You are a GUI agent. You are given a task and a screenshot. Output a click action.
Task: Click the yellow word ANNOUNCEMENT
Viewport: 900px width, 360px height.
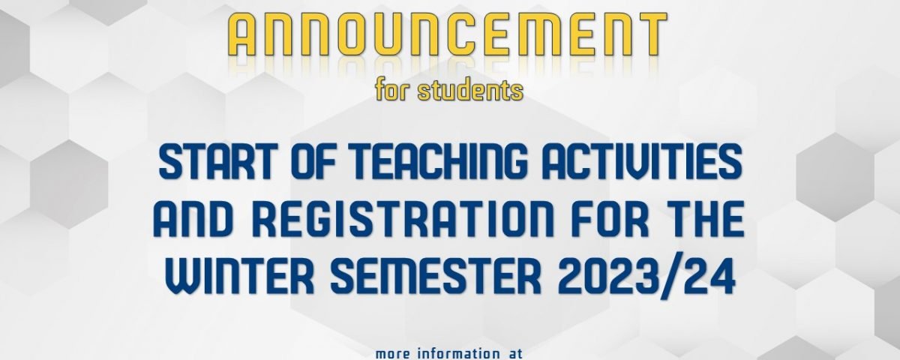447,34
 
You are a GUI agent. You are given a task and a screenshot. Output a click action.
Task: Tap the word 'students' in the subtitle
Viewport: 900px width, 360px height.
470,91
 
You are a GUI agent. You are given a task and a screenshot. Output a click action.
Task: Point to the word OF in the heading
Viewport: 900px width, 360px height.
316,161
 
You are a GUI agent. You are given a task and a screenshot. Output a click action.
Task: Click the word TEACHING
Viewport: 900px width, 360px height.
439,161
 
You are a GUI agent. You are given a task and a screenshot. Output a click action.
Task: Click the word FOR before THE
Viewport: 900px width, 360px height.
610,219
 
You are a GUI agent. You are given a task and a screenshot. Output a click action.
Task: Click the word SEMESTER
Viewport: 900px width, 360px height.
436,277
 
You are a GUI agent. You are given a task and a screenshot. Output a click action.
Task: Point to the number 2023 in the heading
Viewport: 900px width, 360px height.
607,277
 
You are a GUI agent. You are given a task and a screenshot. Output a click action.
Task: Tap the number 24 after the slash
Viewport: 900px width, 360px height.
709,277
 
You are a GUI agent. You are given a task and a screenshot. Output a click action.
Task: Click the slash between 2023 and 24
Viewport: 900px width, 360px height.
670,278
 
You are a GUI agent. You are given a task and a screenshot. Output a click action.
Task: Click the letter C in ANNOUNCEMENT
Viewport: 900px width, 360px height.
467,34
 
